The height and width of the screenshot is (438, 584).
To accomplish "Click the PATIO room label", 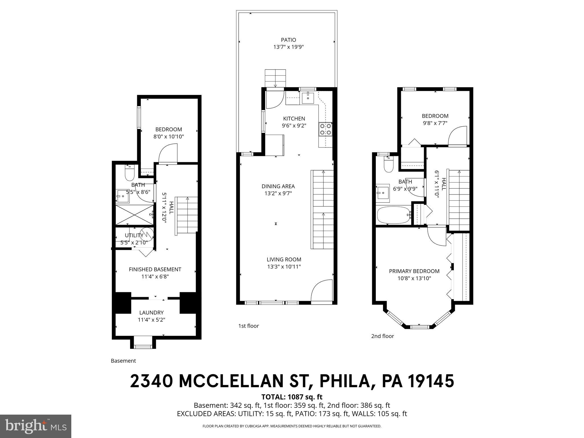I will pyautogui.click(x=288, y=40).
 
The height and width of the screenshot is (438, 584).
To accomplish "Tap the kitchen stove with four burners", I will pyautogui.click(x=325, y=129).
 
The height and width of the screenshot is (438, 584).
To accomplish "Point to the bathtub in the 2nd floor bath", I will pyautogui.click(x=394, y=216).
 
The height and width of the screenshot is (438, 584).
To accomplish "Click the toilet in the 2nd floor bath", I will pyautogui.click(x=388, y=165).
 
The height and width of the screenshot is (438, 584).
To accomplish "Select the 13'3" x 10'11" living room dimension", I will pyautogui.click(x=284, y=267).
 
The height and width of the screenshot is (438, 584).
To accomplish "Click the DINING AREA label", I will pyautogui.click(x=278, y=186).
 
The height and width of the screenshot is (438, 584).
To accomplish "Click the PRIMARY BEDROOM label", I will pyautogui.click(x=414, y=271).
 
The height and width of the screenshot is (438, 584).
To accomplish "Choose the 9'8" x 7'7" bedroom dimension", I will pyautogui.click(x=435, y=123).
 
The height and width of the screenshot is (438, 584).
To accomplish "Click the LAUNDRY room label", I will pyautogui.click(x=151, y=313).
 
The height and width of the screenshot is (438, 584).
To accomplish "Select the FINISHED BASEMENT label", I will pyautogui.click(x=155, y=269).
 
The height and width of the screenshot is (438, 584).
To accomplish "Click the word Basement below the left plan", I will pyautogui.click(x=123, y=361).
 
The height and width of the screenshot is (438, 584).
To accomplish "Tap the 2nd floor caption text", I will pyautogui.click(x=382, y=336).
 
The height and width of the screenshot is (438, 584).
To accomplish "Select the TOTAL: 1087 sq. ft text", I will pyautogui.click(x=292, y=397).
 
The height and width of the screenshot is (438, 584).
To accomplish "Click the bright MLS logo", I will pyautogui.click(x=36, y=426).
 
